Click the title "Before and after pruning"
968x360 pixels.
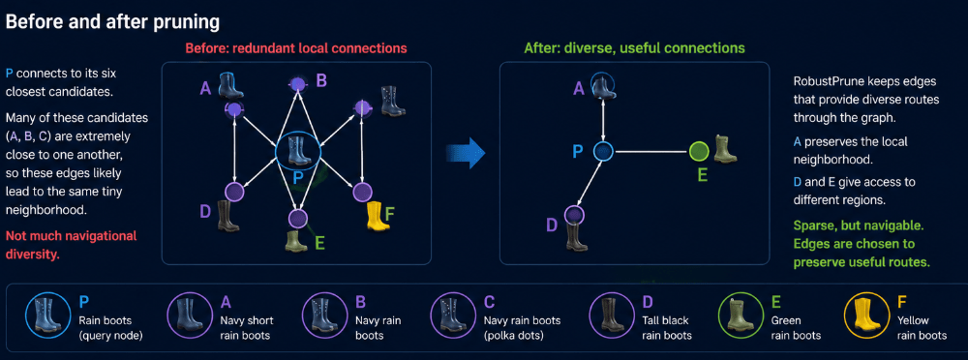112,22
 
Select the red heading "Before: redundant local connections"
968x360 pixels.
296,47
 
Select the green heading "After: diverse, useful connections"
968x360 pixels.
634,47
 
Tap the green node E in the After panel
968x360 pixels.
698,151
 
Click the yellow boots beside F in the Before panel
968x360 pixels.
377,216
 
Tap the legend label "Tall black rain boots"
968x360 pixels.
667,328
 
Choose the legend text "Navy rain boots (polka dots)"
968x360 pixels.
514,328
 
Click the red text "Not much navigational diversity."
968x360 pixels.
71,245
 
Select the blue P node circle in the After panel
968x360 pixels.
602,151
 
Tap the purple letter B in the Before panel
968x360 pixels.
321,80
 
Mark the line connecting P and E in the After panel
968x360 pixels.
650,151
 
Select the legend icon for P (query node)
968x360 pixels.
46,315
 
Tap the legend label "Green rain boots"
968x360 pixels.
796,328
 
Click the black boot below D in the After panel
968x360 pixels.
577,236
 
